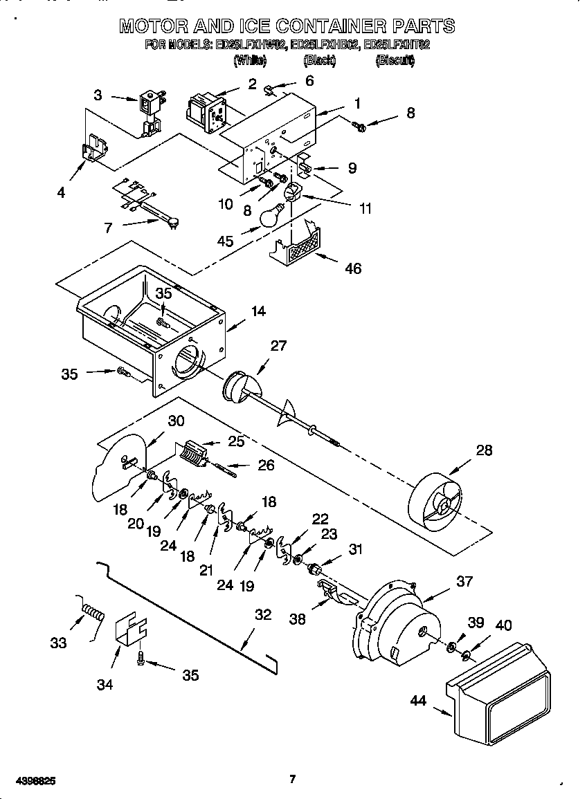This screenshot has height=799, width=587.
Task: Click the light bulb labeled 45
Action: tap(271, 215)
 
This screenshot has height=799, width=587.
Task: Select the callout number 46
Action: tap(353, 268)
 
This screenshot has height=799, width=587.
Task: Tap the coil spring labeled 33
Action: tap(91, 612)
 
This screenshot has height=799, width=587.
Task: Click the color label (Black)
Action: tap(319, 61)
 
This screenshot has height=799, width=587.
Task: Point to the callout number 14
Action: tap(258, 311)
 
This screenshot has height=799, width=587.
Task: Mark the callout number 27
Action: tap(278, 346)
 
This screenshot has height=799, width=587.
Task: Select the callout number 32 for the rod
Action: tap(263, 614)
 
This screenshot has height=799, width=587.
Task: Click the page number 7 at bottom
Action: tap(292, 780)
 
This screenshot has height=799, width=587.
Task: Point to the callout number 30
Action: tap(177, 420)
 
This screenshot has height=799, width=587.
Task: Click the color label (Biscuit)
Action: tap(395, 61)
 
